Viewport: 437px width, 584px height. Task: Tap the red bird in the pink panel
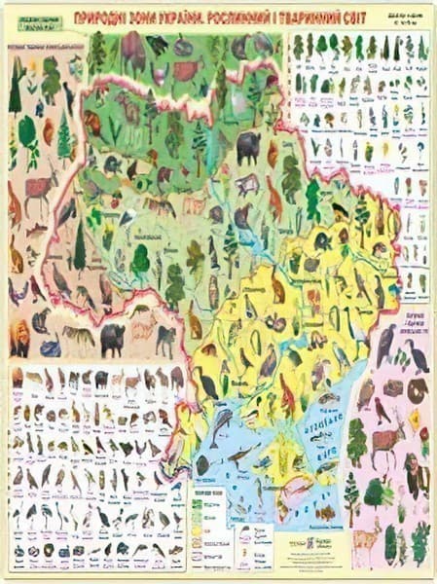tap(382, 409)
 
